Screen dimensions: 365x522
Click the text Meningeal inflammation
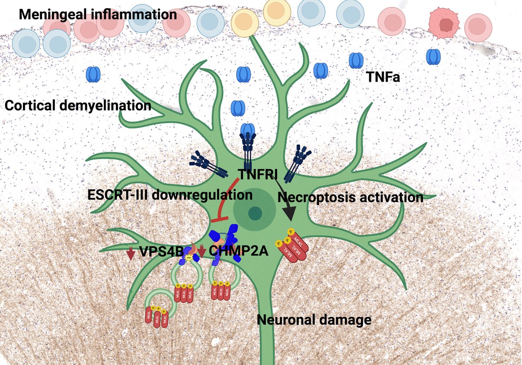coord(98,14)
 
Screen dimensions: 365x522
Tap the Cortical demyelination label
coord(78,105)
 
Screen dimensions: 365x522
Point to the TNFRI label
coord(261,174)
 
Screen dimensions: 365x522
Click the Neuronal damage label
coord(314,320)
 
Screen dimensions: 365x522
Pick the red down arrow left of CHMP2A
coord(202,252)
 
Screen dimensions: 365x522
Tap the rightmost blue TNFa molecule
coord(433,57)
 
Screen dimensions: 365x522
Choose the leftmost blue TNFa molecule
coord(94,74)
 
